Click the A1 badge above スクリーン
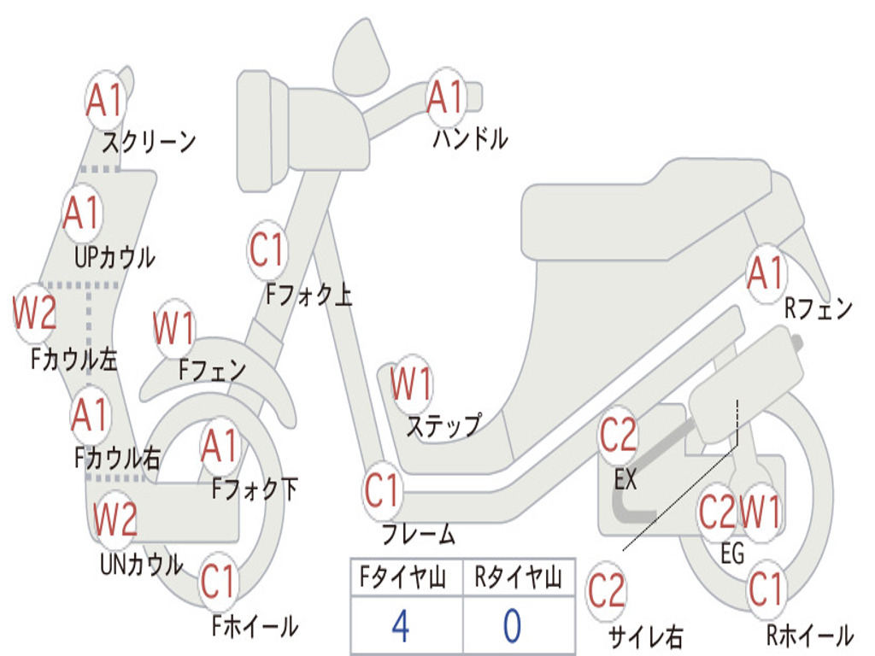[x=106, y=101]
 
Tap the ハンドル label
[x=469, y=138]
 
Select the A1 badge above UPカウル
[x=82, y=213]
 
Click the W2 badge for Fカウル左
[x=35, y=313]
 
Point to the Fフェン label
[x=212, y=370]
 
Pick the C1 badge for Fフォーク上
[x=267, y=251]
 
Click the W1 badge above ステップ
[x=411, y=384]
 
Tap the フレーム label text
[x=418, y=536]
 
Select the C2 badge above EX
[x=619, y=435]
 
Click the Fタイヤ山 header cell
[x=406, y=579]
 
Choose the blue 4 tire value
[x=400, y=626]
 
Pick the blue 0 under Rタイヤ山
[x=512, y=626]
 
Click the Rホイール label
[x=808, y=635]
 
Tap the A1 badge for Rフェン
[x=765, y=273]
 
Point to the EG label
[x=732, y=554]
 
